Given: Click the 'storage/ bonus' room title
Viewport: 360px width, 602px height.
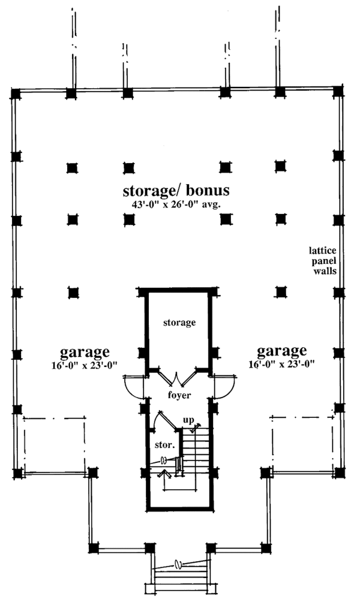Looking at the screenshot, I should tap(176, 191).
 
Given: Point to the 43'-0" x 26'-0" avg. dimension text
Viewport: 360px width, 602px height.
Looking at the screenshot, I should tap(177, 204).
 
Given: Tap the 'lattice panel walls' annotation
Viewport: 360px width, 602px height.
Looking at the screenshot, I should tap(322, 259).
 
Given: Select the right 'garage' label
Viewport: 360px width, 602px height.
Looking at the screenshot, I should tap(282, 351).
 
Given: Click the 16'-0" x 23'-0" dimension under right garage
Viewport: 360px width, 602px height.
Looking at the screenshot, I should tap(282, 363).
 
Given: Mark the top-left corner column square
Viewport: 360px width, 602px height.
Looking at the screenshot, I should tap(16, 94).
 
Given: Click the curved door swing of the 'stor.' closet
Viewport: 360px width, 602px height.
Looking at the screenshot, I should tap(157, 420).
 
